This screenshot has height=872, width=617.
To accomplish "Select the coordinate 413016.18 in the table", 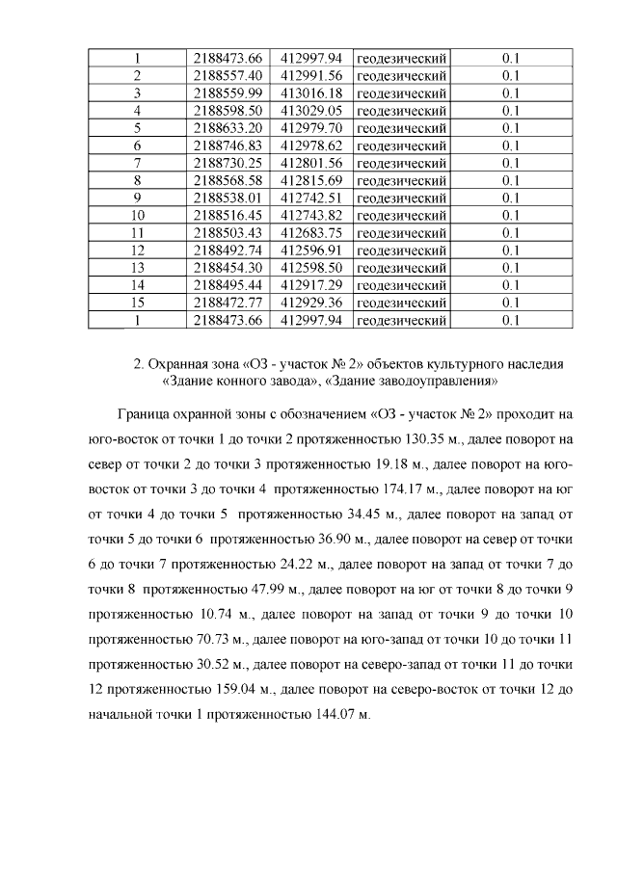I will (310, 92).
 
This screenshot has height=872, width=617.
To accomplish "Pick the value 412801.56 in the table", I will (310, 162).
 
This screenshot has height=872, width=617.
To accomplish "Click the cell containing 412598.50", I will (310, 267).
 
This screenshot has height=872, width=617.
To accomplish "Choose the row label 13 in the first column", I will (137, 267).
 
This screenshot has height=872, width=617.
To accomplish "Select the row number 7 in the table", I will (137, 162).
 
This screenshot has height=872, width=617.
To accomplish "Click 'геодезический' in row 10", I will (401, 215).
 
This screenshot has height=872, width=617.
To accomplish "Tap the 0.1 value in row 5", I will (511, 127).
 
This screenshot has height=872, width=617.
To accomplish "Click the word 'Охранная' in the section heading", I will (178, 363).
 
